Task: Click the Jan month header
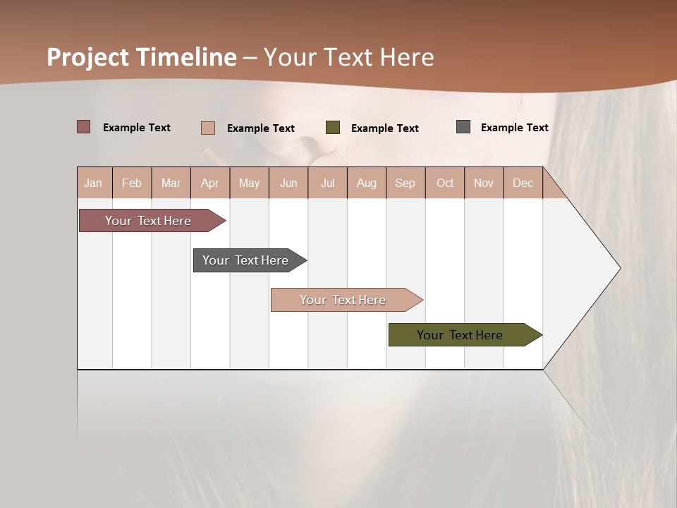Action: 93,183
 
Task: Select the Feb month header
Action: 132,183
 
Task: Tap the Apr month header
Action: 209,183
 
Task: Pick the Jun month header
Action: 288,183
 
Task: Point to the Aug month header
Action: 366,183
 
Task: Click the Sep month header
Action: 405,183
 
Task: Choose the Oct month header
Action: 445,183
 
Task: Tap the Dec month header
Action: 523,183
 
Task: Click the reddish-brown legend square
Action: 84,127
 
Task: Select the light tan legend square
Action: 208,128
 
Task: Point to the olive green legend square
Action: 333,128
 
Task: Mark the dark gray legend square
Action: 463,127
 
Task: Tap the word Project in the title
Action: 87,57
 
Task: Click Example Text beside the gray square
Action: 514,127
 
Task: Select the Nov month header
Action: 483,183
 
